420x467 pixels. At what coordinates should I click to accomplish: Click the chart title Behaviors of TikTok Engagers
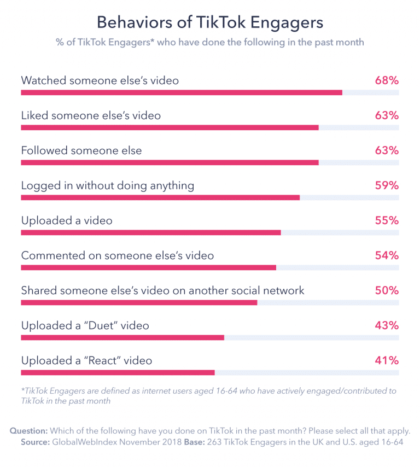(x=210, y=22)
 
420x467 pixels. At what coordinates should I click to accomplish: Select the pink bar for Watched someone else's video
(x=182, y=92)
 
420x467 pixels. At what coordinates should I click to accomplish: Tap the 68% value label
(x=387, y=80)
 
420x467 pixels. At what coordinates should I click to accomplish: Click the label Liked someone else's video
(x=91, y=115)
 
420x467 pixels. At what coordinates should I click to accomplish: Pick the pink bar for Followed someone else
(x=170, y=162)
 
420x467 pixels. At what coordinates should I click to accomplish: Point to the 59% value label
(x=387, y=185)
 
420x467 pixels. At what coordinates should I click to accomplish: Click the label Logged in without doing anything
(x=108, y=185)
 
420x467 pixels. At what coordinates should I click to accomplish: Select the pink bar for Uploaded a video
(x=151, y=232)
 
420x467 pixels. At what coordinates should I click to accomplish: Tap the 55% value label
(x=387, y=220)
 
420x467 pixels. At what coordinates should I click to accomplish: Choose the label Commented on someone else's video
(x=118, y=255)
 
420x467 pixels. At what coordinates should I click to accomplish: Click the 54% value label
(x=387, y=255)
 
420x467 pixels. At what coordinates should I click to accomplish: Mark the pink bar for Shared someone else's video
(x=139, y=302)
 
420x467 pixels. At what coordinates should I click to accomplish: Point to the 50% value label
(x=387, y=290)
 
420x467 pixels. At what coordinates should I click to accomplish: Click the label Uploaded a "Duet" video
(x=85, y=325)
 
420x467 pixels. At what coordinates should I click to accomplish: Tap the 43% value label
(x=387, y=325)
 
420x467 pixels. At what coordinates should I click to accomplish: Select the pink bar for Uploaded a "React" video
(x=118, y=372)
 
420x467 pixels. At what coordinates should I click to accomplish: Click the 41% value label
(x=387, y=360)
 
